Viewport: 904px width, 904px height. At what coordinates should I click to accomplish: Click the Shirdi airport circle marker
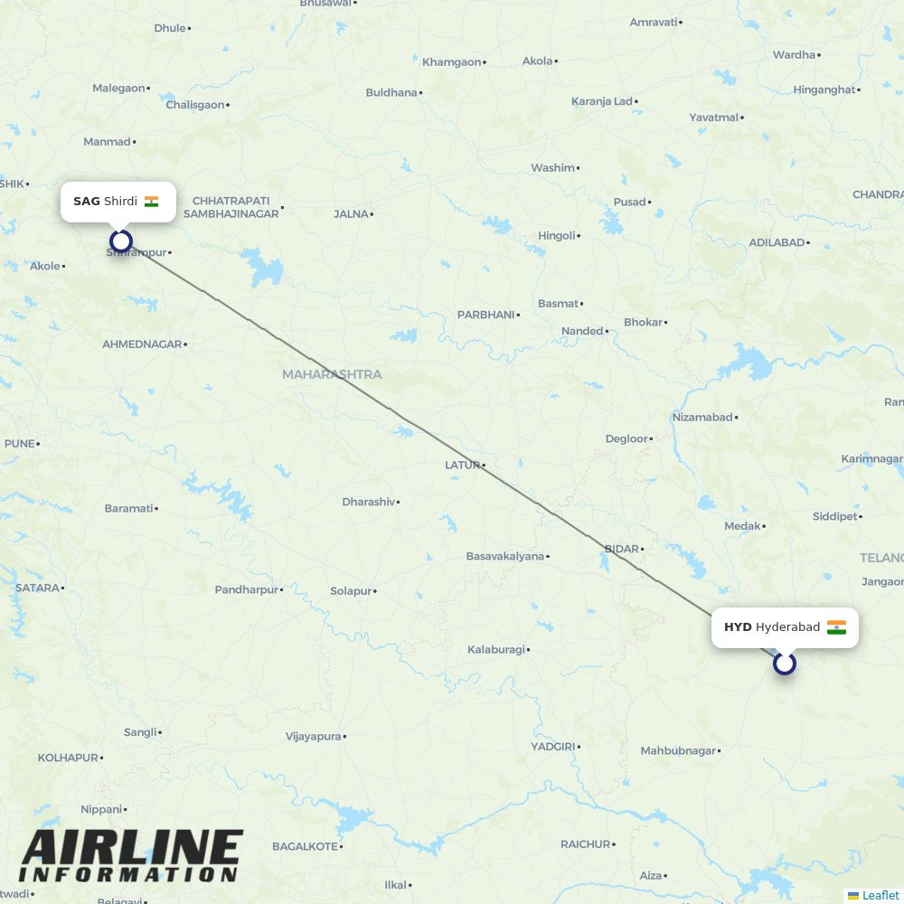[121, 240]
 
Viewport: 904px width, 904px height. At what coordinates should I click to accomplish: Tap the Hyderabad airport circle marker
[785, 664]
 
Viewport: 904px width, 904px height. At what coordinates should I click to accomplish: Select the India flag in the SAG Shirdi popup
[151, 202]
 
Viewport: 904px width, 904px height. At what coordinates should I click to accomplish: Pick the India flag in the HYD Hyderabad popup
[836, 627]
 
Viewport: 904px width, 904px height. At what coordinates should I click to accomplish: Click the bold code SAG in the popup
[87, 202]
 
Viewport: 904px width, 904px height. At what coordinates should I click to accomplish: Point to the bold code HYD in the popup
[738, 627]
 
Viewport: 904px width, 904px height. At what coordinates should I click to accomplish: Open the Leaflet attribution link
[880, 896]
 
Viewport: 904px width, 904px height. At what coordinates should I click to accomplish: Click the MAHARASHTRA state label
[332, 374]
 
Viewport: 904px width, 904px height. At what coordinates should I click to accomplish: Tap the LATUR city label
[462, 465]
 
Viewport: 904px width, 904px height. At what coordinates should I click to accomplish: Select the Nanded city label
[582, 331]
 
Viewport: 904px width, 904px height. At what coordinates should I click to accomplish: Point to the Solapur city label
[351, 591]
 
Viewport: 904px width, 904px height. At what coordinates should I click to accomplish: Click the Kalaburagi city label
[495, 649]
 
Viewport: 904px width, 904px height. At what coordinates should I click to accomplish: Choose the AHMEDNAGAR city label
[142, 344]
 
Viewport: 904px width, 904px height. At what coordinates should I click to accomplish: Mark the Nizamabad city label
[702, 417]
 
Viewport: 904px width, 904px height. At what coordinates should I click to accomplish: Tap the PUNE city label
[19, 443]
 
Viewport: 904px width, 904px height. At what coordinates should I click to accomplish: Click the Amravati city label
[653, 22]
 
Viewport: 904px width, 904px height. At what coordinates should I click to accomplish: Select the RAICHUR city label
[586, 844]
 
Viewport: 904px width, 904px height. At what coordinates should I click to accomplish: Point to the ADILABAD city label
[777, 242]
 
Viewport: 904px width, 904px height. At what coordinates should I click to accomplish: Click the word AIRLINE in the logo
[132, 849]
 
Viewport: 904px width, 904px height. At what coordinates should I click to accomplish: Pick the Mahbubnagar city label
[678, 750]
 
